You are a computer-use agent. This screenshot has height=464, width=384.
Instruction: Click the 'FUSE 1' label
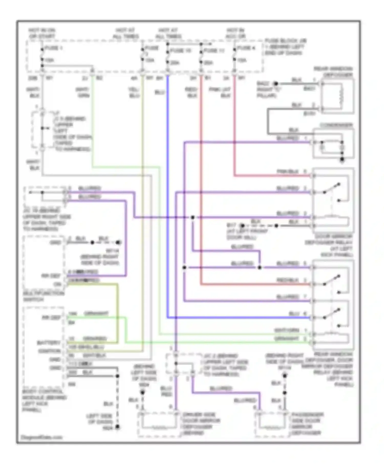click(54, 48)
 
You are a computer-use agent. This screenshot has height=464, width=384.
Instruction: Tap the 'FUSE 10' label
click(181, 51)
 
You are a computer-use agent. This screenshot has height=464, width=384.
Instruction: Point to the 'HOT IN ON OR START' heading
click(42, 33)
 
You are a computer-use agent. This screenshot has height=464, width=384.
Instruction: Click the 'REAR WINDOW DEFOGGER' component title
click(333, 72)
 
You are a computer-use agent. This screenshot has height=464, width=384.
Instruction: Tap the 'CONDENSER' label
click(336, 125)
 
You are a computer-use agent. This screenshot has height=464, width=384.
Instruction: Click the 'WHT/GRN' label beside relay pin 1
click(287, 330)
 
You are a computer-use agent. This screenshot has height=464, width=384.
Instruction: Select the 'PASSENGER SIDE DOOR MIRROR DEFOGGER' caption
click(307, 424)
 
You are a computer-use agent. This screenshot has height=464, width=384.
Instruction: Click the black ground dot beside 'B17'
click(242, 226)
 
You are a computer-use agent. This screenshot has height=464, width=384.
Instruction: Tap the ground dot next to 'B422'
click(276, 84)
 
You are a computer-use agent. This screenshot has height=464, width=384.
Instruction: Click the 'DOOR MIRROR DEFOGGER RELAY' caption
click(329, 246)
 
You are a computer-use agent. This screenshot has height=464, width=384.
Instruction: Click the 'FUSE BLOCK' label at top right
click(285, 47)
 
